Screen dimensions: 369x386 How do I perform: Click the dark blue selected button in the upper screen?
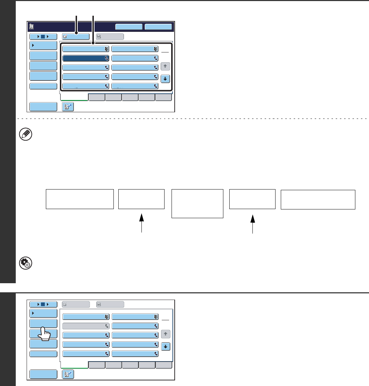(86, 58)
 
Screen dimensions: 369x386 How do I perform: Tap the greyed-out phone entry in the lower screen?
(86, 326)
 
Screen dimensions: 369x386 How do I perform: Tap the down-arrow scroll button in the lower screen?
(166, 346)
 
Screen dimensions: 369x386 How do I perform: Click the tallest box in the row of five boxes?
(197, 203)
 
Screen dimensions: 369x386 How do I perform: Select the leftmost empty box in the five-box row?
(80, 199)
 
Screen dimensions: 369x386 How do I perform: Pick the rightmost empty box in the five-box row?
(318, 199)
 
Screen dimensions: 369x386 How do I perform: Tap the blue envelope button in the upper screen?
(76, 36)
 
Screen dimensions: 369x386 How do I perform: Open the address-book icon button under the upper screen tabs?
(68, 107)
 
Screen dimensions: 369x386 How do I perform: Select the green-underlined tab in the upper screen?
(74, 97)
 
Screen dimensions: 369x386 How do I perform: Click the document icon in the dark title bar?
(32, 26)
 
